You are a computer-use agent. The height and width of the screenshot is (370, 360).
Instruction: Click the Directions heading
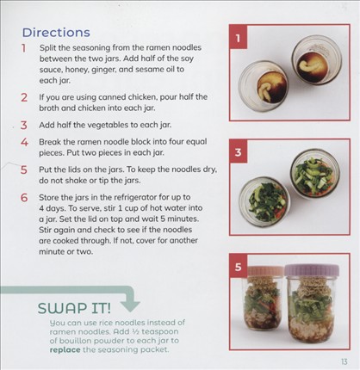[x=56, y=33]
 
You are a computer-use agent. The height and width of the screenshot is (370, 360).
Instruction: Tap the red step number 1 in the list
[x=23, y=48]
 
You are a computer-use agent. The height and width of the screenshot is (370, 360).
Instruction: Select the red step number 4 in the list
[x=24, y=142]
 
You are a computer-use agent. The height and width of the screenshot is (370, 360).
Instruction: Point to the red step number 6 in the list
[x=24, y=198]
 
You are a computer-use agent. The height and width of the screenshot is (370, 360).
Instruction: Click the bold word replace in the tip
[x=65, y=350]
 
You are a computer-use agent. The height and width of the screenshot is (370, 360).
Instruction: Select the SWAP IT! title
[x=74, y=308]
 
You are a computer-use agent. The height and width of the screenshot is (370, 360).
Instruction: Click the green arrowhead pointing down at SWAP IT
[x=130, y=306]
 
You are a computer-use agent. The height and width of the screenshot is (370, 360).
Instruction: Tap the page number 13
[x=344, y=361]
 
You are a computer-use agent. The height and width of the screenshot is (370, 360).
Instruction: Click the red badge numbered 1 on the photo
[x=238, y=38]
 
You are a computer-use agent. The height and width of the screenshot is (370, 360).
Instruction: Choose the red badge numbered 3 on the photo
[x=238, y=152]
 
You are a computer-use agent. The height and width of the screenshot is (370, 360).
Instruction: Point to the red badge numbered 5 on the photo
[x=238, y=267]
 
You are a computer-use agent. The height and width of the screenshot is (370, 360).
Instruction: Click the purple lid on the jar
[x=312, y=270]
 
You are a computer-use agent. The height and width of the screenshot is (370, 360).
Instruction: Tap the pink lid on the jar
[x=265, y=271]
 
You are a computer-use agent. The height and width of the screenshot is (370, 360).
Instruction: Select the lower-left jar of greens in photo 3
[x=264, y=200]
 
